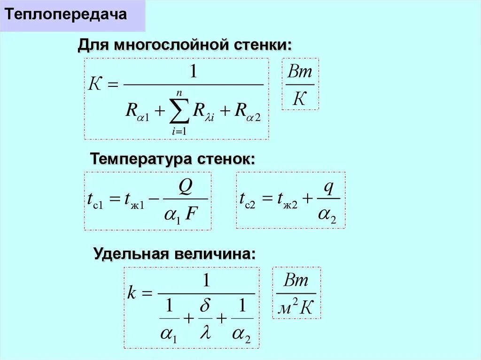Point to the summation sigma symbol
coord(179,111)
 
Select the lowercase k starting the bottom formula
coord(132,294)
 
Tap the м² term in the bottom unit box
coord(288,308)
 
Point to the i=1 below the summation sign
coord(179,131)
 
